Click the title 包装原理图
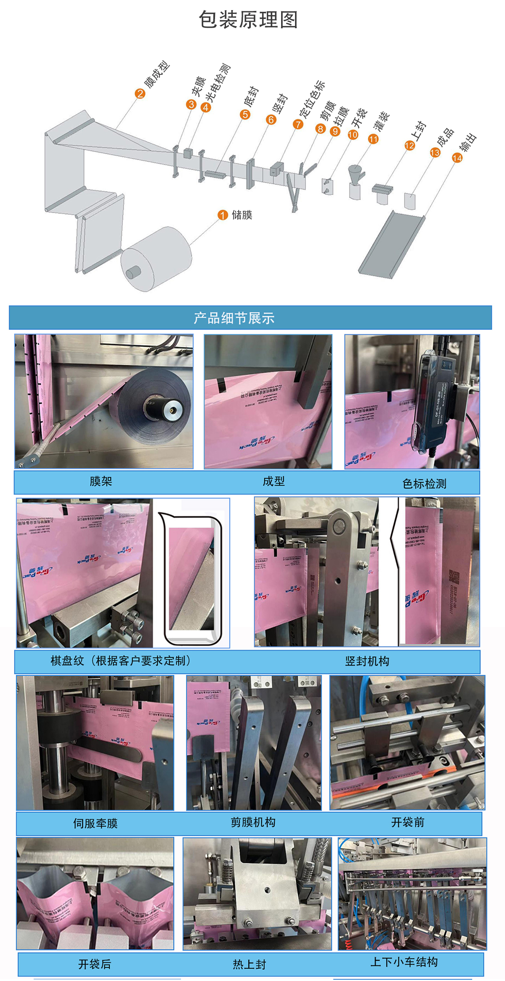click(248, 20)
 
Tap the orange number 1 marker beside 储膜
click(223, 215)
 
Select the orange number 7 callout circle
click(298, 124)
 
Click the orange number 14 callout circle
click(457, 158)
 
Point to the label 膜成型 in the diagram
click(157, 74)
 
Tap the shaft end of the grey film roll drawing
click(133, 272)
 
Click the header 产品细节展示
click(234, 318)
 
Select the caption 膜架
click(101, 481)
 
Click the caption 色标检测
click(424, 484)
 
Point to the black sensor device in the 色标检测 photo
click(433, 404)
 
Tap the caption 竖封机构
click(367, 661)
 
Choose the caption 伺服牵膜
click(96, 824)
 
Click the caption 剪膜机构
click(253, 822)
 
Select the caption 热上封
click(250, 964)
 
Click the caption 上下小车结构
click(404, 962)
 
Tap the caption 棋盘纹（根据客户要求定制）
click(121, 661)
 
